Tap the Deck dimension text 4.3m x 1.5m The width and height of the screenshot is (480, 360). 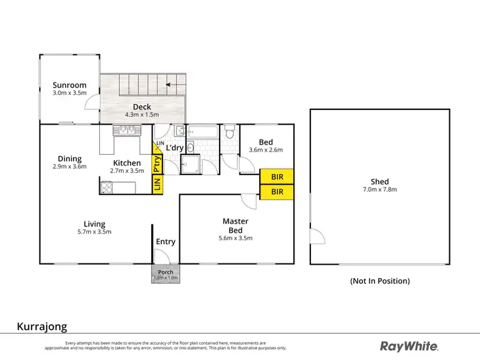(142, 114)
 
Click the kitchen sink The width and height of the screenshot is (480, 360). (126, 130)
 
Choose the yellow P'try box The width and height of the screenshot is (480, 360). (157, 164)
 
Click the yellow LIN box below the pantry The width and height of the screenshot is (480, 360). (157, 184)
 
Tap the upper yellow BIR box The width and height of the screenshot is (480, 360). (276, 176)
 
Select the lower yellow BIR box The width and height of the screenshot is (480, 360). (276, 191)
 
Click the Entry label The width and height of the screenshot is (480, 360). (166, 242)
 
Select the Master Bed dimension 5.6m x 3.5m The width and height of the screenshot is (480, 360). (236, 238)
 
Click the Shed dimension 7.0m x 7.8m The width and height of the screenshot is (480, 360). (379, 190)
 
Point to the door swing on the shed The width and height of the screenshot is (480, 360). (316, 237)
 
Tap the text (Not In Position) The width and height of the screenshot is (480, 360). (380, 281)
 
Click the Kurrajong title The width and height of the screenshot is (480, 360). (42, 326)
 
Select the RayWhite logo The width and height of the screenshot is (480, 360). (410, 346)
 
